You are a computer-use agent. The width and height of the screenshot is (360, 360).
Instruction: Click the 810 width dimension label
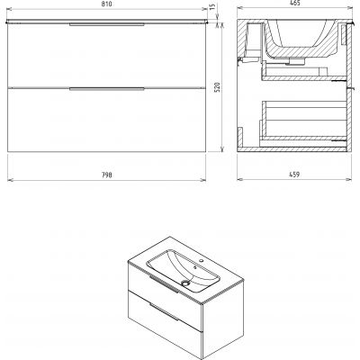(x=106, y=4)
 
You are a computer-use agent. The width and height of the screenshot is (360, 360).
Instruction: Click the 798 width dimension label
(x=106, y=175)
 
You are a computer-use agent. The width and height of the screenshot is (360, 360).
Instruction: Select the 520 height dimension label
(x=219, y=87)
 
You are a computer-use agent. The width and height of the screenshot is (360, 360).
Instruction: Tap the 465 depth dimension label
(x=295, y=4)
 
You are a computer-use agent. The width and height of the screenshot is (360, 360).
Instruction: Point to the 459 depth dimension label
(x=295, y=175)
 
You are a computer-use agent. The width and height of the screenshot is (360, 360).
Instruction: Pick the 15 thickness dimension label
(x=213, y=7)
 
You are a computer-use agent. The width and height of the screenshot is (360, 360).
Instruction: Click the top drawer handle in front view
(x=107, y=24)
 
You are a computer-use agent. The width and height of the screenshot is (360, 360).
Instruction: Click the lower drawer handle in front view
(x=107, y=89)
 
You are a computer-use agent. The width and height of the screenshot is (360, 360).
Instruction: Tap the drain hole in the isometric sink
(x=186, y=283)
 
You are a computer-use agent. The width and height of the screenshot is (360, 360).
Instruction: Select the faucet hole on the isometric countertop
(x=202, y=261)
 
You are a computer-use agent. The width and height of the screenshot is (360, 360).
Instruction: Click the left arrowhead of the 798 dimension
(x=9, y=180)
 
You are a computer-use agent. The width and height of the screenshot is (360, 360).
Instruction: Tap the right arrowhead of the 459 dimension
(x=349, y=179)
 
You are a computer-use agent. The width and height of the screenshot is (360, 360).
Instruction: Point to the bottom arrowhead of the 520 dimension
(x=222, y=149)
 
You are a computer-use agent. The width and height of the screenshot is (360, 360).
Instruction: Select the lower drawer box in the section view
(x=304, y=121)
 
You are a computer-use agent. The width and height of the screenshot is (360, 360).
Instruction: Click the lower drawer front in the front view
(x=107, y=120)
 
